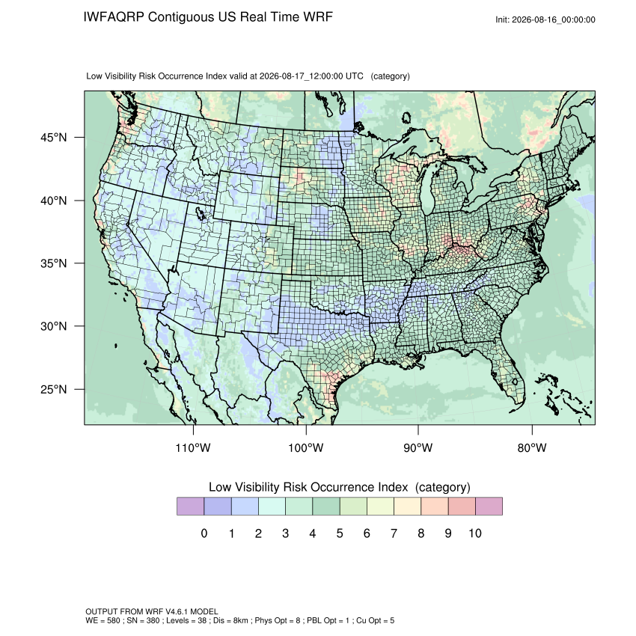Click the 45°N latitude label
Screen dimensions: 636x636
[x=54, y=138]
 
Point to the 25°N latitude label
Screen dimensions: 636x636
[x=54, y=389]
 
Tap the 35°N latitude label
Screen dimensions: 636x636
[x=54, y=263]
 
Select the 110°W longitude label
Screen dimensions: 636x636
[x=193, y=447]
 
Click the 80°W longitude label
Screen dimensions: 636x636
[x=532, y=447]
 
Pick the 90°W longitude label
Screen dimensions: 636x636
[x=418, y=447]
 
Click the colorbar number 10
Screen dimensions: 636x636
[x=475, y=533]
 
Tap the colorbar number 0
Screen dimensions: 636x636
[x=204, y=533]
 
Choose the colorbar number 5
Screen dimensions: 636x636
[x=340, y=533]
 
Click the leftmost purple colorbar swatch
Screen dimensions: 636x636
[x=190, y=507]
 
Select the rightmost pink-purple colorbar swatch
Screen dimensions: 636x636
[x=489, y=507]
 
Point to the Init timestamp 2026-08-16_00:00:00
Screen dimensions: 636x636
[x=553, y=19]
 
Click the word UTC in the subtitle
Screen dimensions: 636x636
[x=355, y=76]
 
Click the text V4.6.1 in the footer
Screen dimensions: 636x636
[x=177, y=611]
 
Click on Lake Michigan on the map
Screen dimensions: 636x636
[x=428, y=191]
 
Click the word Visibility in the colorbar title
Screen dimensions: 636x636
[x=257, y=487]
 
